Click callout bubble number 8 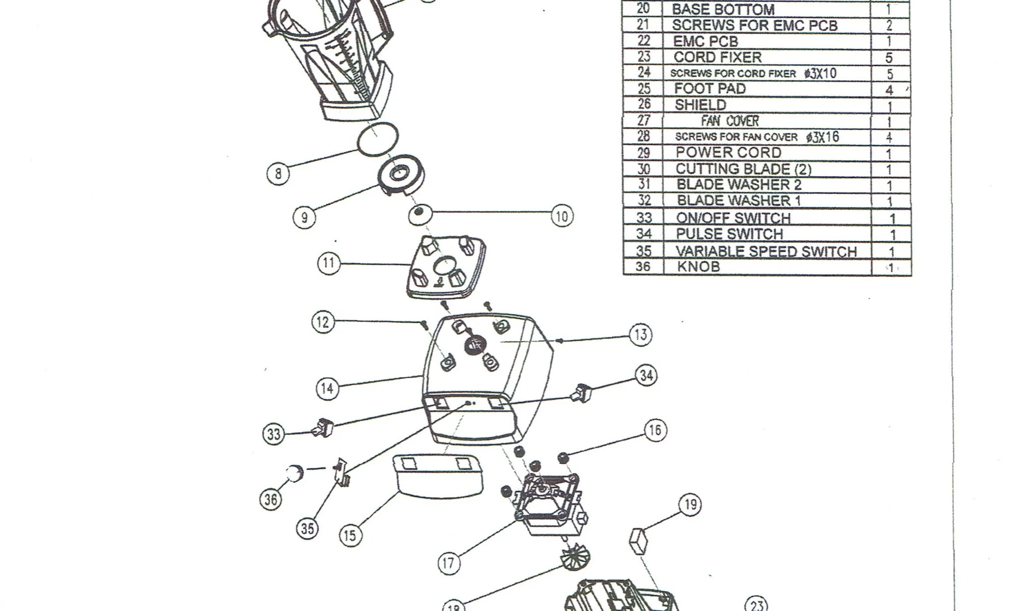(x=278, y=174)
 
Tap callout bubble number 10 (x=562, y=216)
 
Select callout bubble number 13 (x=640, y=335)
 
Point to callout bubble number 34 (x=646, y=376)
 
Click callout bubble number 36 (x=271, y=499)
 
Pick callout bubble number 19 (x=690, y=505)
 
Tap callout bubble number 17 (x=448, y=563)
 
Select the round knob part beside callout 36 (x=294, y=473)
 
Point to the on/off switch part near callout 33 (x=324, y=428)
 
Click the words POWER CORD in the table (x=728, y=153)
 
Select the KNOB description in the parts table (x=698, y=266)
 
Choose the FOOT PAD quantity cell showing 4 (x=889, y=90)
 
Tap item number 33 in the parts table (x=644, y=218)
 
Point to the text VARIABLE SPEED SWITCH (x=766, y=252)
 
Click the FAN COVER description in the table (x=730, y=121)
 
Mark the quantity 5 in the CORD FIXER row (x=889, y=58)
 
